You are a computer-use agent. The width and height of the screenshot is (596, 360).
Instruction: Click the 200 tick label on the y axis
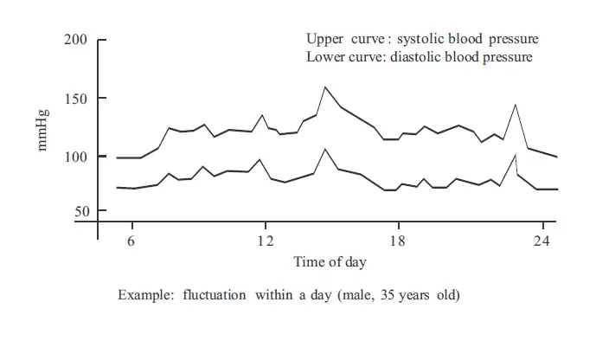coord(76,41)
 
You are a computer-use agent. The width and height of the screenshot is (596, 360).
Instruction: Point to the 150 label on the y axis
coord(76,99)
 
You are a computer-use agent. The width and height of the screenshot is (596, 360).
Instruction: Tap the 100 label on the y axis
coord(76,157)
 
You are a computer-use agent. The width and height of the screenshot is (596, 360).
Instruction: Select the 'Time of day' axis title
coord(329,261)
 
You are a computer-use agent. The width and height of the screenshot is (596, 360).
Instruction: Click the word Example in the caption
coord(143,295)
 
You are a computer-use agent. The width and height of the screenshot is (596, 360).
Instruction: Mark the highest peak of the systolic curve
coord(325,87)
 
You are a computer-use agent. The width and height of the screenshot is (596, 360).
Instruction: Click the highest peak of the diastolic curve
coord(325,149)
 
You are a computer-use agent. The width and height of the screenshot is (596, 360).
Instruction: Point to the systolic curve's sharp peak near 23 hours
coord(516,105)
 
